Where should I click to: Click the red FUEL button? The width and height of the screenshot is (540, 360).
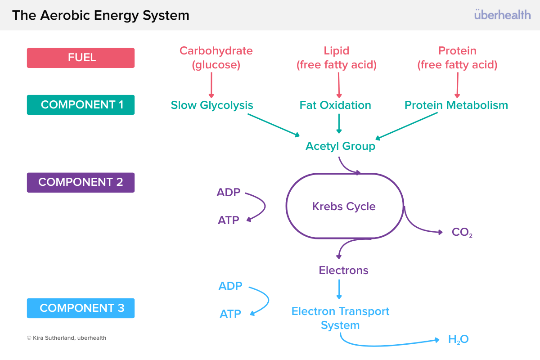81,58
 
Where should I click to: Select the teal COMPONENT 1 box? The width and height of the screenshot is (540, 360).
81,105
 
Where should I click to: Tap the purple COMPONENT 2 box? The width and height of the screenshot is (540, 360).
81,182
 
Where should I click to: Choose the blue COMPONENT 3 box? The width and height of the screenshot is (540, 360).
81,308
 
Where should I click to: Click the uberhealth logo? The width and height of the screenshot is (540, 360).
502,15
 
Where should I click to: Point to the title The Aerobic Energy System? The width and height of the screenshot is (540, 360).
100,15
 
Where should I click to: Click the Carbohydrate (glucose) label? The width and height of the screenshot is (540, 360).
216,58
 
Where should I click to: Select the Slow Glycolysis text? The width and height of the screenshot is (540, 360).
212,105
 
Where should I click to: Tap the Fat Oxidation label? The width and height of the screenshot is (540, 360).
335,105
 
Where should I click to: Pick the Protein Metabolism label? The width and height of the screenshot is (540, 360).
456,105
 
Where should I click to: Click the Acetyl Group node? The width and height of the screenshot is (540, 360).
340,146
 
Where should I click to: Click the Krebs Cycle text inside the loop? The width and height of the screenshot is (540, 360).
344,207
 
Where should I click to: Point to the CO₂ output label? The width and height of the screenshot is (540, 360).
462,233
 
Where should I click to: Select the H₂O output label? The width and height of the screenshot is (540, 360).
458,339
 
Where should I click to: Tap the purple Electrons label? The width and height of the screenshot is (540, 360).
343,270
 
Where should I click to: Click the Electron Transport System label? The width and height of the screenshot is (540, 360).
340,318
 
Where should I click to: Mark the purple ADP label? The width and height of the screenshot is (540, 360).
229,193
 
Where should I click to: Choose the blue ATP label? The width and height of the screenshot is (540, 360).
230,314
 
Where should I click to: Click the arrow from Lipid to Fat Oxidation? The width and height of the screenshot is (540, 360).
339,85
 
